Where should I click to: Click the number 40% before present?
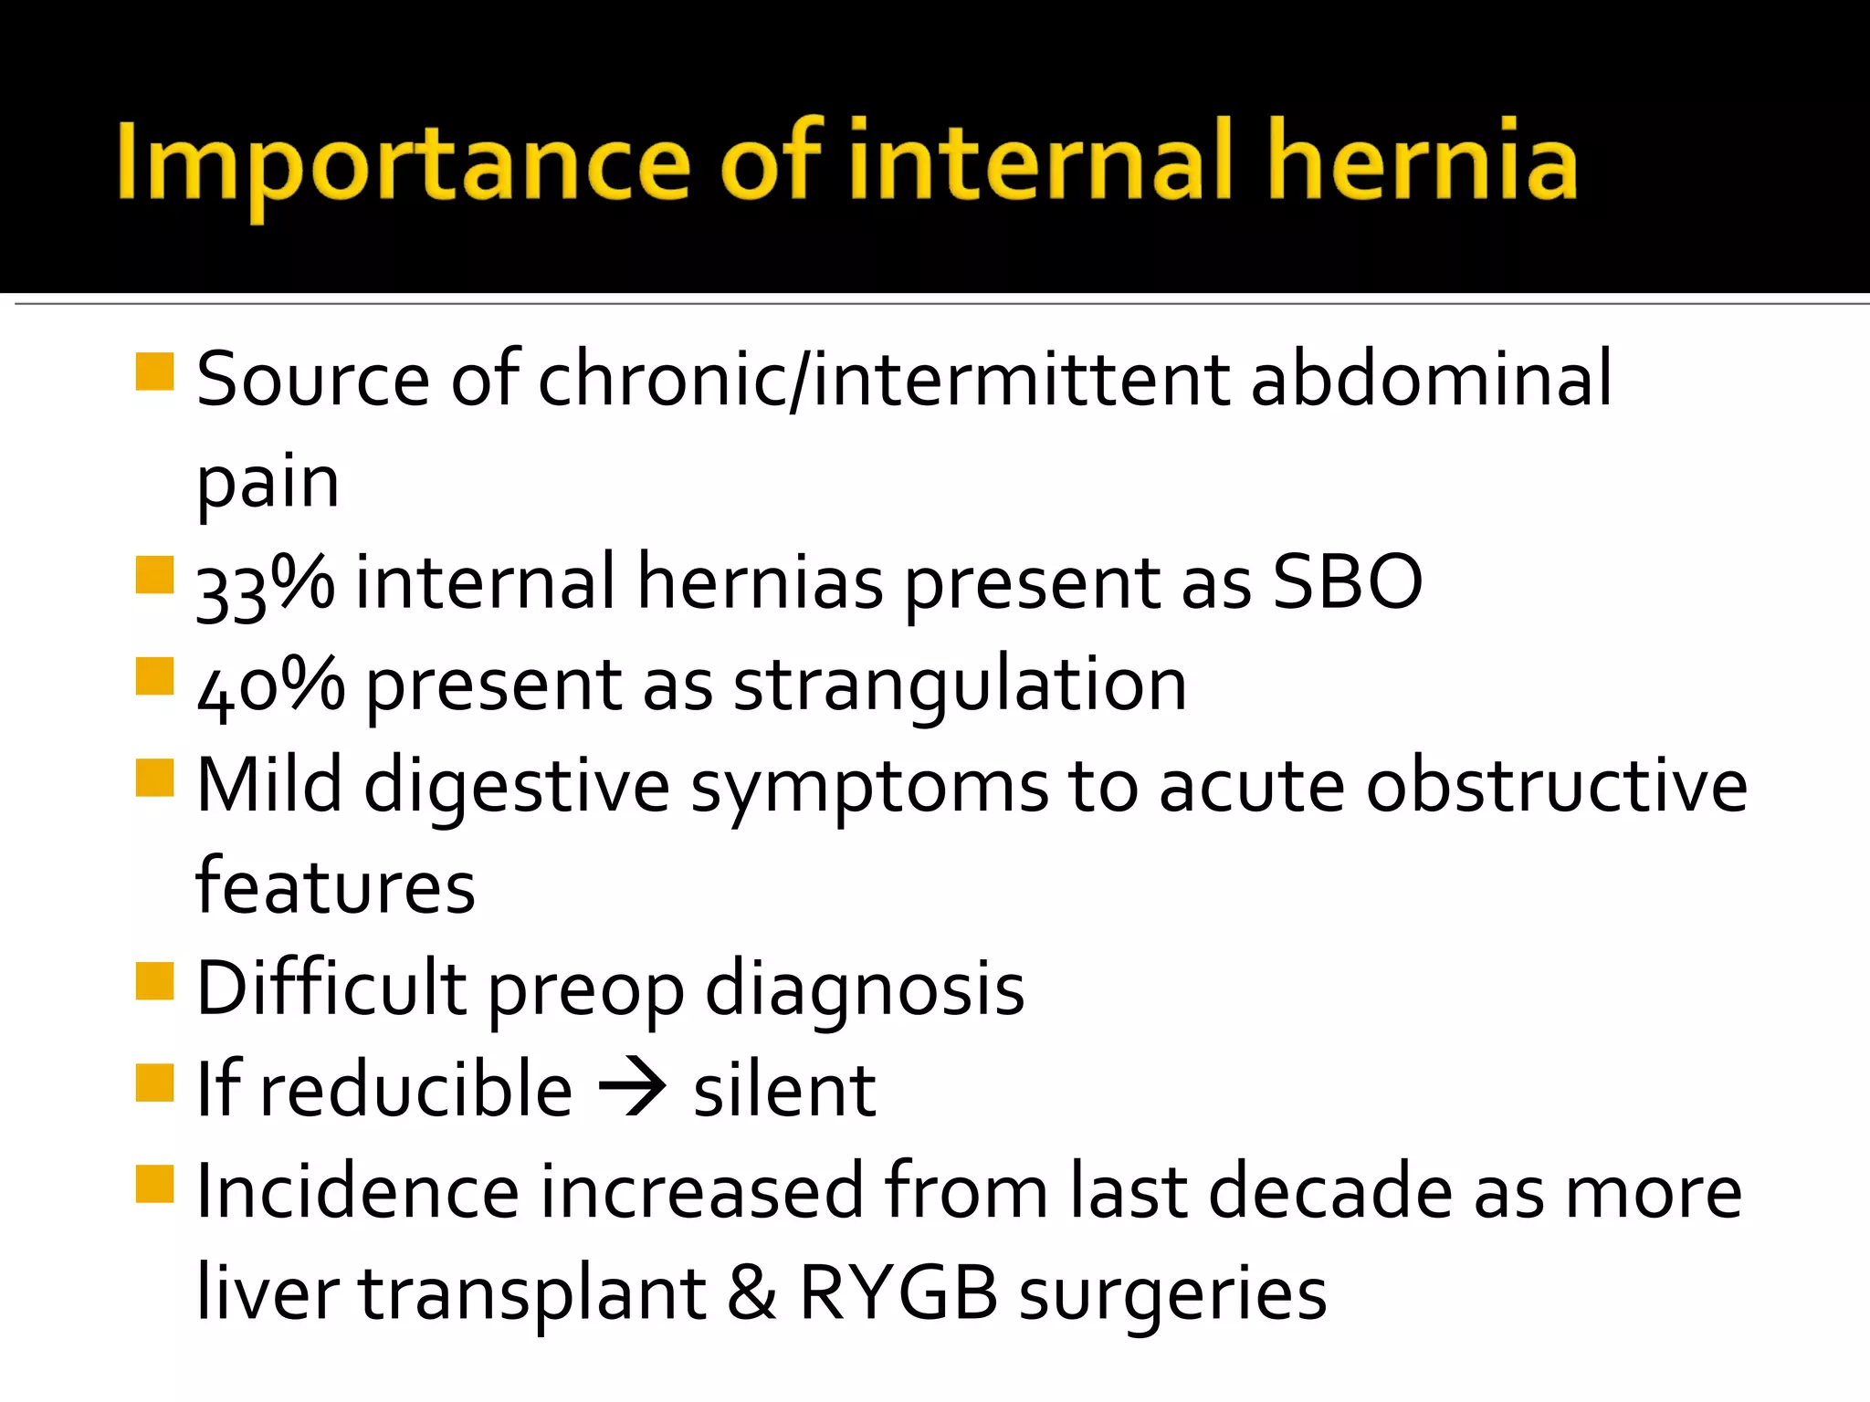270,686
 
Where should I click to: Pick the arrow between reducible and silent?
632,1088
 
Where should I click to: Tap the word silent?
784,1090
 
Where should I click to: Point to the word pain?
268,484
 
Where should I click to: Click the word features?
335,887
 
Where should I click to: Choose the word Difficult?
331,988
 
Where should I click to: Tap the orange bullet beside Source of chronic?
154,371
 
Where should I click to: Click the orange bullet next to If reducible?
154,1083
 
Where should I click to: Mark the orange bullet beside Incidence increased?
154,1184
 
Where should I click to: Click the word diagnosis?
865,989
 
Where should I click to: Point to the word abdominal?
1431,380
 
